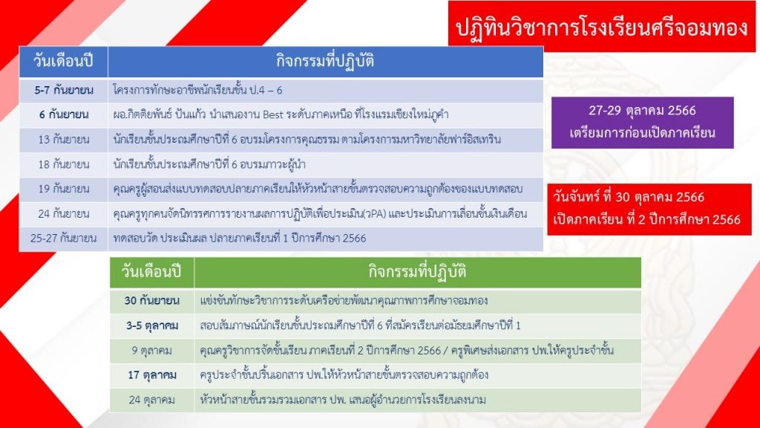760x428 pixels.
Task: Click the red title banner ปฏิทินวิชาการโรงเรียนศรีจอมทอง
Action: tap(601, 26)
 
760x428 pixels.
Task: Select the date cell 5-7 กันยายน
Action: tap(64, 90)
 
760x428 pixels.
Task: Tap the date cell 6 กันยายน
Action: tap(64, 115)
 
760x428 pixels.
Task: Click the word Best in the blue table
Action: tap(272, 115)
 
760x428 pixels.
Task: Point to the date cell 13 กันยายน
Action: tap(64, 140)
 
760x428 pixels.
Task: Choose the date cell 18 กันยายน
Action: tap(64, 164)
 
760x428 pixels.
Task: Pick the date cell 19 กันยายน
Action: tap(64, 189)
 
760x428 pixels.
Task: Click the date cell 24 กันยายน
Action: tap(64, 214)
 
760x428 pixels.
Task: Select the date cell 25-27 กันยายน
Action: tap(64, 239)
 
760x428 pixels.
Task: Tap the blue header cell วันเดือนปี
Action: tap(64, 62)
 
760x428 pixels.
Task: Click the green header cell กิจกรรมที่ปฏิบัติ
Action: tap(417, 272)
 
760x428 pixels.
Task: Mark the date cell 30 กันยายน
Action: tap(151, 301)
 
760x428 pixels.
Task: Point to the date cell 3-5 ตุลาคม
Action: tap(151, 325)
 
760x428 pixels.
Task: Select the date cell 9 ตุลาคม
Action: tap(151, 351)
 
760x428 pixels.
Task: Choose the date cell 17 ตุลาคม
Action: tap(151, 375)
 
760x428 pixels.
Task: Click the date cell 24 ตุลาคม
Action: tap(151, 400)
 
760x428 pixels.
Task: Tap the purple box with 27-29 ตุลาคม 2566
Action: tap(642, 123)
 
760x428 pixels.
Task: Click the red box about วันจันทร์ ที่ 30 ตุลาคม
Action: tap(649, 209)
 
